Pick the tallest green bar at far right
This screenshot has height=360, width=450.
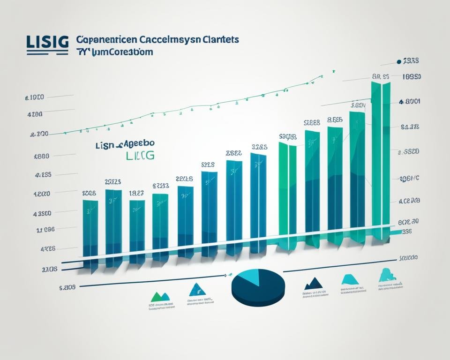point(381,159)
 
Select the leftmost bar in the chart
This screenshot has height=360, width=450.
point(90,230)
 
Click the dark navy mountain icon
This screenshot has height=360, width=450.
point(314,283)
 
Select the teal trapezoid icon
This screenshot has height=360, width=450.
point(350,280)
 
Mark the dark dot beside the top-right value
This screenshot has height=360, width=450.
point(399,61)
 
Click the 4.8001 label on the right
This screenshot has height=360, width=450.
point(409,101)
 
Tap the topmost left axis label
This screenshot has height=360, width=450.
point(34,98)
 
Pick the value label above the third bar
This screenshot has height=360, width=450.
point(136,193)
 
